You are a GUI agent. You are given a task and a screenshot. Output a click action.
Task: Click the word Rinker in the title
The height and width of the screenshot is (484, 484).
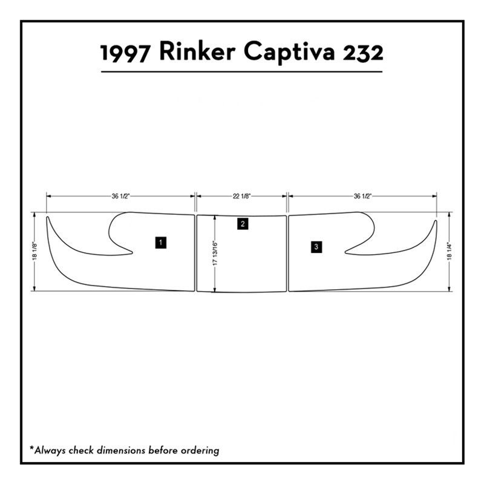click(197, 52)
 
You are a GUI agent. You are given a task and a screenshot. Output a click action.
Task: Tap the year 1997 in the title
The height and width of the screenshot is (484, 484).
click(124, 53)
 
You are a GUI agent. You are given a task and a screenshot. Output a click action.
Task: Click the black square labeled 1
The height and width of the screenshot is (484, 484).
click(161, 243)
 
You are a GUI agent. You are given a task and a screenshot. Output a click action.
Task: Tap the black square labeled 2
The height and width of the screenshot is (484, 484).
click(243, 224)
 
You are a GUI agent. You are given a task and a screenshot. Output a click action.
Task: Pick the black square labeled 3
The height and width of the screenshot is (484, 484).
click(316, 247)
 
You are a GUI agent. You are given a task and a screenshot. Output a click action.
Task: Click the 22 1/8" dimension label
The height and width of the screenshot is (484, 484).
click(241, 196)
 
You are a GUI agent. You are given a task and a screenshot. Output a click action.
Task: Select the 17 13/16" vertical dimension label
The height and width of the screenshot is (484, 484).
click(215, 253)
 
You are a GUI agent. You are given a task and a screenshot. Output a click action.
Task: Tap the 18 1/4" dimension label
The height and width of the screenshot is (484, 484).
click(450, 252)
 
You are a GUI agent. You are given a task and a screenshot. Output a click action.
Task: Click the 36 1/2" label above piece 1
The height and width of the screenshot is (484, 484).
click(120, 196)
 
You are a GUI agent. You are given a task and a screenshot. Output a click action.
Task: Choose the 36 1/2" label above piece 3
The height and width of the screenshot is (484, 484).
click(362, 196)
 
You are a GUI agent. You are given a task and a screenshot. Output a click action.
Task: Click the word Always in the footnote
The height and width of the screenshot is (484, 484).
click(50, 450)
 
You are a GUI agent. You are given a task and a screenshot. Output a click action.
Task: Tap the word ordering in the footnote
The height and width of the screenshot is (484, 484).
click(200, 451)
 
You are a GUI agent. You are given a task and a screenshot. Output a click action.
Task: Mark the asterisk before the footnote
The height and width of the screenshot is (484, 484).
click(31, 448)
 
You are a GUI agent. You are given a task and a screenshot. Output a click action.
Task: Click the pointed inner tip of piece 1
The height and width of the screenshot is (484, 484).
click(132, 252)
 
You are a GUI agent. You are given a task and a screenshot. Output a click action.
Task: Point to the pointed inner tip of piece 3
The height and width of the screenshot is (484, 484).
click(345, 252)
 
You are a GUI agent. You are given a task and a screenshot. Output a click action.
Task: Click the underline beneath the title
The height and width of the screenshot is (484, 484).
click(241, 72)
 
